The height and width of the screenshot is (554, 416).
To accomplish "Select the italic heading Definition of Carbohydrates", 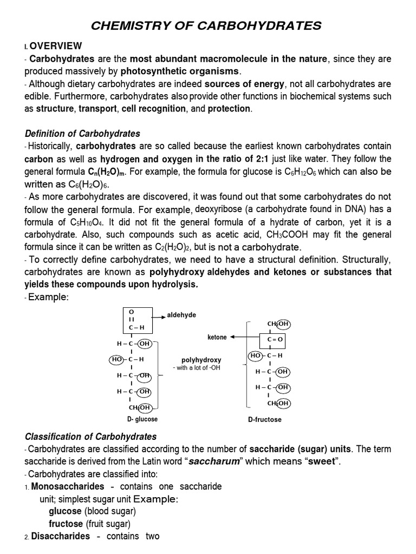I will (x=83, y=134).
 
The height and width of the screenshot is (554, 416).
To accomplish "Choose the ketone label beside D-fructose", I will (x=217, y=337).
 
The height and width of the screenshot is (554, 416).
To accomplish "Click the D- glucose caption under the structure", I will (x=142, y=419).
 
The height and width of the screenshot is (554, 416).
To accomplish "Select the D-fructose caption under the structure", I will (x=264, y=420).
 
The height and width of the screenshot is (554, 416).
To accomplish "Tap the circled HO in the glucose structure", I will (x=116, y=359).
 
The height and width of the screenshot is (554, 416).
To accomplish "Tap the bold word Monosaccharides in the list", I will (x=58, y=486).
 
